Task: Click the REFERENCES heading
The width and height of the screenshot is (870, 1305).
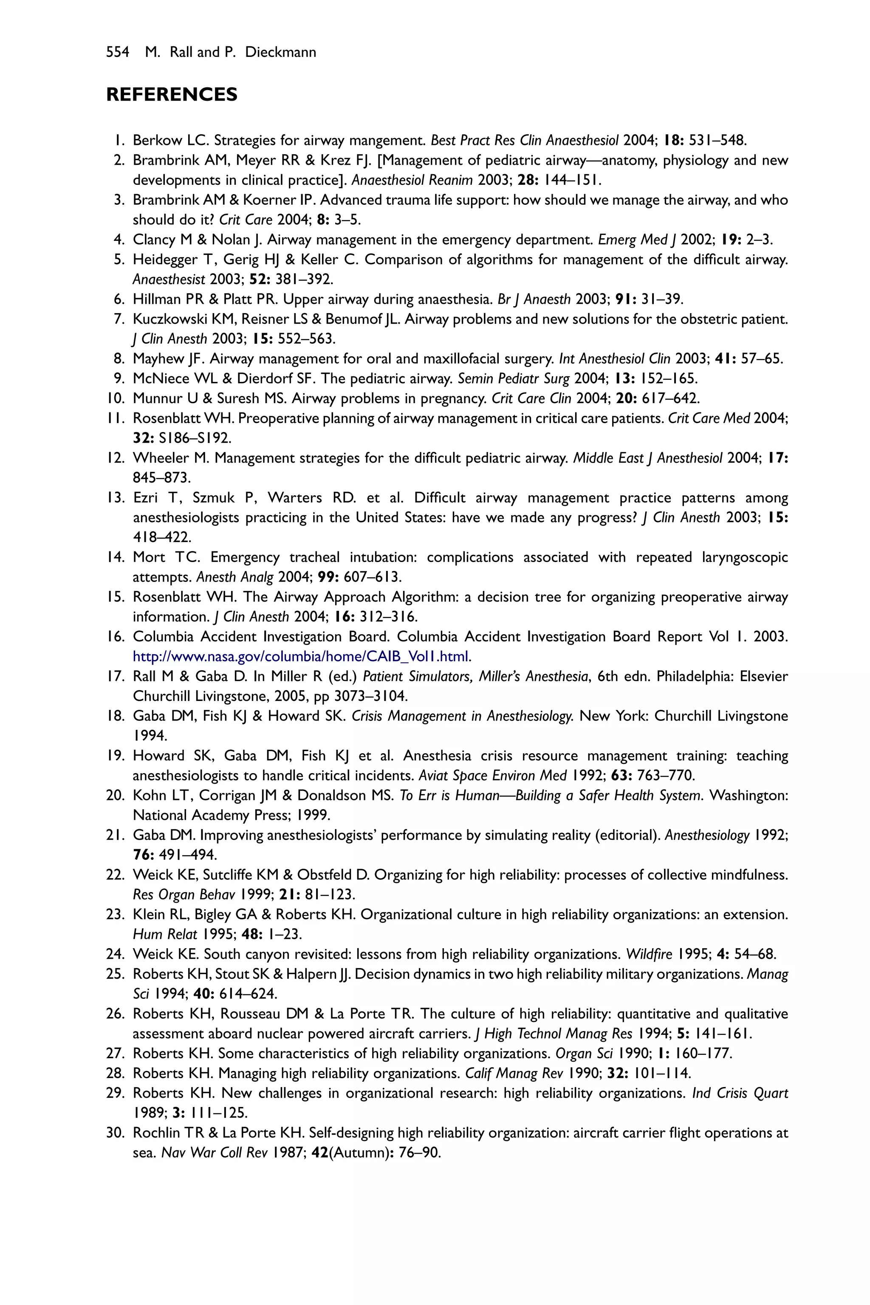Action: point(172,94)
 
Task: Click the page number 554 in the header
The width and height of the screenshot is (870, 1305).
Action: point(117,52)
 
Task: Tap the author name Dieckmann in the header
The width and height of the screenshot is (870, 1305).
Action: point(281,52)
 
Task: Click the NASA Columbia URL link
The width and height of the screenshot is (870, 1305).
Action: point(302,657)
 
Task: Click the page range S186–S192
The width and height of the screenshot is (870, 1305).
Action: point(194,438)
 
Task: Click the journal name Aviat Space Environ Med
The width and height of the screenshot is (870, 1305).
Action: point(493,776)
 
